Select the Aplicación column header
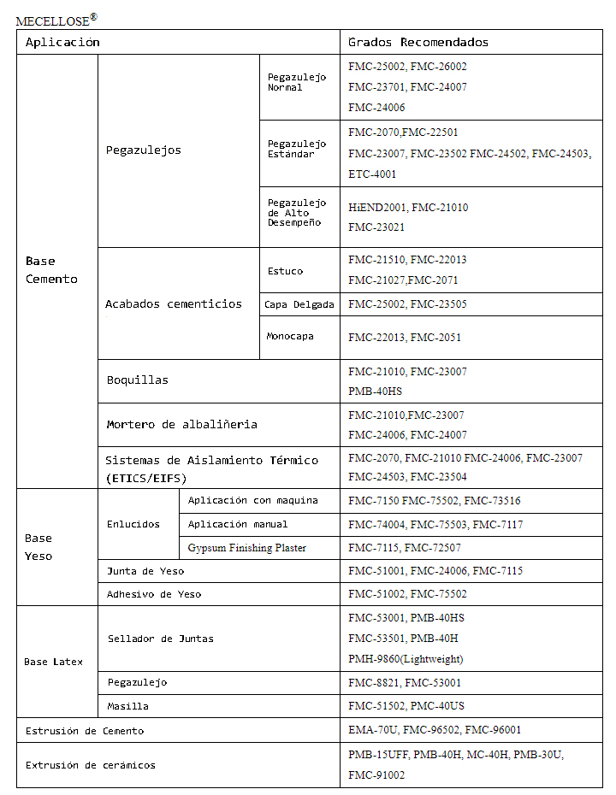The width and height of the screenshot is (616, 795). tap(62, 42)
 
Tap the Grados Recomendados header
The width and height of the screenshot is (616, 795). tap(418, 42)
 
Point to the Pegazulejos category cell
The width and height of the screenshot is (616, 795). tap(144, 150)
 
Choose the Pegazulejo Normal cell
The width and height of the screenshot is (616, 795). tap(296, 82)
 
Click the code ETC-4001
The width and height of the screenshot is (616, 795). tap(372, 174)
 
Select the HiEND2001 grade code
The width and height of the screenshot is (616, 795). tap(377, 208)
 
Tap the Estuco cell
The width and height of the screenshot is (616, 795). tap(285, 271)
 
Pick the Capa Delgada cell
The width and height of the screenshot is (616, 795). tap(299, 304)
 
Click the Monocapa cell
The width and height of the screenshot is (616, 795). tap(290, 336)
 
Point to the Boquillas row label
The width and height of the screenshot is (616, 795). tap(137, 380)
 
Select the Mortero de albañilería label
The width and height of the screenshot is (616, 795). tap(181, 424)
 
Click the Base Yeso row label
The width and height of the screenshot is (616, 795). tap(38, 547)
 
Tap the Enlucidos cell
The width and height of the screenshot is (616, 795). tap(133, 524)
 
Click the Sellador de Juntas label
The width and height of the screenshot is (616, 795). tap(161, 639)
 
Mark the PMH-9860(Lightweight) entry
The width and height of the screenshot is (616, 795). tap(406, 659)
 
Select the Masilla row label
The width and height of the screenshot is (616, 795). tap(127, 706)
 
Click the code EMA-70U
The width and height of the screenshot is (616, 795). tap(371, 730)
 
